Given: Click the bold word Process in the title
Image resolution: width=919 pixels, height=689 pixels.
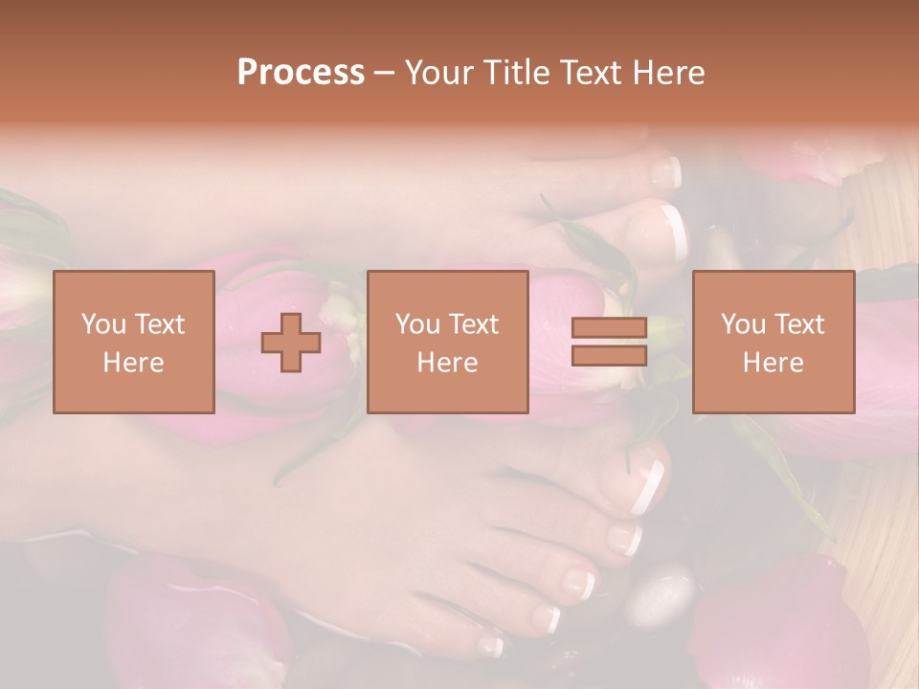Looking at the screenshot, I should point(301,72).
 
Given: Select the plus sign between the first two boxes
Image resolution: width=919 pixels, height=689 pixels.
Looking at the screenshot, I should point(291,343).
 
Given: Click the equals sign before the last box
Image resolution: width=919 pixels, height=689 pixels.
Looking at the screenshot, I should point(609,343).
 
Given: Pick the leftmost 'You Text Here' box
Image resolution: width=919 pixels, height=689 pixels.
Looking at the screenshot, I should point(134,343).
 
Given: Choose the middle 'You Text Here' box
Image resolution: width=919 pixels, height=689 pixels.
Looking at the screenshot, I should point(448,343).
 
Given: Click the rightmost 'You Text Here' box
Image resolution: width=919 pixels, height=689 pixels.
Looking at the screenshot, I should point(773,343).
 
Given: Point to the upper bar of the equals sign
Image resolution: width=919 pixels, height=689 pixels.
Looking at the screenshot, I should point(609,328).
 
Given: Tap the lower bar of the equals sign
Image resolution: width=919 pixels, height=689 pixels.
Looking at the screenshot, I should point(609,356).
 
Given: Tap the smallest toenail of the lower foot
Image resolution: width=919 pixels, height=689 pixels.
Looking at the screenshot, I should point(492,646).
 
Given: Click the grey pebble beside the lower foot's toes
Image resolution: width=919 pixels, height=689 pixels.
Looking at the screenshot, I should point(659,595).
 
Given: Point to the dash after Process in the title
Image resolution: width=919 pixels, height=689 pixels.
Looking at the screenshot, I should point(384,74).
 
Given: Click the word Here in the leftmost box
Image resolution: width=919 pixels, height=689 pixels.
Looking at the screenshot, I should point(134,363).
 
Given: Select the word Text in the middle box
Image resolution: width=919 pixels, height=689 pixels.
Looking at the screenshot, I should point(473,324).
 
